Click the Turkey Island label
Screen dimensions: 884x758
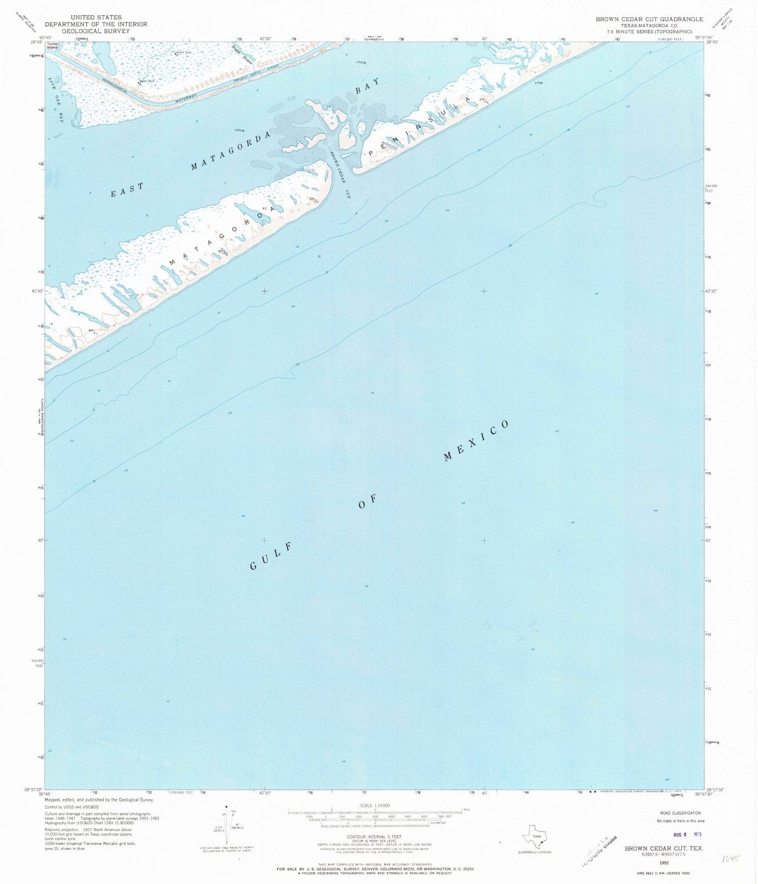coord(53,46)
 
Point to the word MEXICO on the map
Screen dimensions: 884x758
coord(476,440)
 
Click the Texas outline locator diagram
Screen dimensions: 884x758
coord(534,838)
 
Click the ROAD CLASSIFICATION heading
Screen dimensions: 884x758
coord(680,813)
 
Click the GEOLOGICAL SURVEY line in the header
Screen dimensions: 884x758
coord(96,31)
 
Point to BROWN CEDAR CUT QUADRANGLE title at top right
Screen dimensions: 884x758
coord(649,19)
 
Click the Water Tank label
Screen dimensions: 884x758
coord(183,53)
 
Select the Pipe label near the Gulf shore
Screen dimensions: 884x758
coord(540,83)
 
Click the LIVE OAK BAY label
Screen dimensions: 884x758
coord(55,100)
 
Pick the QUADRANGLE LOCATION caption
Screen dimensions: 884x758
coord(534,852)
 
